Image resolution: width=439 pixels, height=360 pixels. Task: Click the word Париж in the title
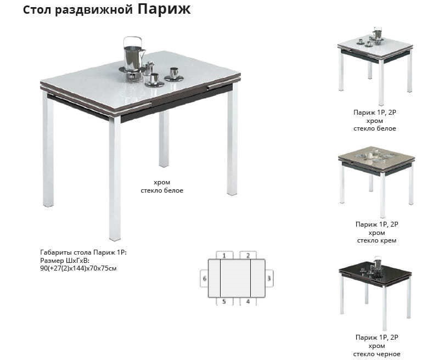coord(164,9)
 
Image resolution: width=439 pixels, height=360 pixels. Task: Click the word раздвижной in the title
coord(94,10)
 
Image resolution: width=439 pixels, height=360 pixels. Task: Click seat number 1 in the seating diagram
coord(224,255)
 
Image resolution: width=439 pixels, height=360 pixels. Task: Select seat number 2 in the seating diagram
coord(248,255)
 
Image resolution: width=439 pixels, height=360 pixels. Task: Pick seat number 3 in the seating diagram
coord(269,278)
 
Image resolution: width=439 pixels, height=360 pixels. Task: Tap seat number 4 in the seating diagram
coord(248,301)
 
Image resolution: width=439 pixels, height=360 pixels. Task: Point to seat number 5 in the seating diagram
coord(224,301)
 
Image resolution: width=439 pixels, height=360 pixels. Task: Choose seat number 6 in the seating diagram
coord(204,278)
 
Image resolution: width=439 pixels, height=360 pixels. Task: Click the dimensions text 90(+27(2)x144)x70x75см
coord(78,269)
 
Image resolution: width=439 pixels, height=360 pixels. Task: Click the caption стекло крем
coord(376,240)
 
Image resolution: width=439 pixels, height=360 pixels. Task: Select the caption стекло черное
coord(376,354)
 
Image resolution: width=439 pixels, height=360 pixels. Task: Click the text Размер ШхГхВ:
coord(65,261)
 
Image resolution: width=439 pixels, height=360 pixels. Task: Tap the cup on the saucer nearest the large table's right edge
coord(173,74)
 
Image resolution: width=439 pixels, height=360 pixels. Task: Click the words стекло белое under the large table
coord(162,190)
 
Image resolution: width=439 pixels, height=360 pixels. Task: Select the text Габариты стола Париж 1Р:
coord(83,252)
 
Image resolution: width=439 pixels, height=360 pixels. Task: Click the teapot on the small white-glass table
coord(377,33)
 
